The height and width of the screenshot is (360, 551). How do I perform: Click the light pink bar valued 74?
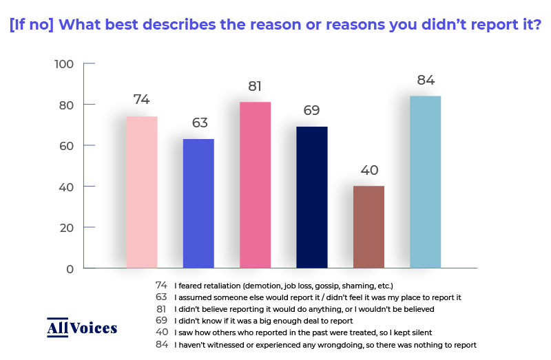point(142,192)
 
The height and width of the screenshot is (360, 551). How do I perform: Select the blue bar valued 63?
point(198,203)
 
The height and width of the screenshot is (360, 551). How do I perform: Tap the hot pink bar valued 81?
point(255,185)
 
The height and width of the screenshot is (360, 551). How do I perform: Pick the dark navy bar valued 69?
point(312,198)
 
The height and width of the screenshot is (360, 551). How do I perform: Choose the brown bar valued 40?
point(368,227)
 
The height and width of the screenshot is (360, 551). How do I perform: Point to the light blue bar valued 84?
point(425,182)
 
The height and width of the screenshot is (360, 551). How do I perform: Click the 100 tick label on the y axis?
point(64,64)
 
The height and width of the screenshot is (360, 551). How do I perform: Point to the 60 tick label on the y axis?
point(66,146)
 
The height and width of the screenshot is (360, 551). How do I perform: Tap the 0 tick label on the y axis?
point(70,269)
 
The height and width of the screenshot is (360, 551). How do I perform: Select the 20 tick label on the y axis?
point(66,229)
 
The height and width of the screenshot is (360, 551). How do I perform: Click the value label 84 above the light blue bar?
point(426,81)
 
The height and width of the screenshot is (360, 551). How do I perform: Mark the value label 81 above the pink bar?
point(255,87)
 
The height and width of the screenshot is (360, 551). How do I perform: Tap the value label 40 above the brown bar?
point(369,170)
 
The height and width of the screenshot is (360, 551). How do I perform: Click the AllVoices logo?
point(82,328)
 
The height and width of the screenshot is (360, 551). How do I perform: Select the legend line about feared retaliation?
point(284,286)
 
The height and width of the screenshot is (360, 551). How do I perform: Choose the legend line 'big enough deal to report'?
point(264,321)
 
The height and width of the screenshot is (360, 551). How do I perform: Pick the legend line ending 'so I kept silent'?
point(303,332)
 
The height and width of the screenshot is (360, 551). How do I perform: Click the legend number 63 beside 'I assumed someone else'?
point(161,297)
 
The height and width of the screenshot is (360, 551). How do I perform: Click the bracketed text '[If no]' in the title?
point(32,25)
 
